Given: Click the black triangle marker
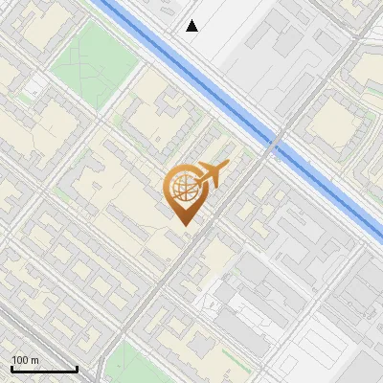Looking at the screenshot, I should [x=192, y=26].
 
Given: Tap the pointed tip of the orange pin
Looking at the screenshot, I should [x=183, y=225].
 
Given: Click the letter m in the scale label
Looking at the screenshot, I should [x=35, y=360].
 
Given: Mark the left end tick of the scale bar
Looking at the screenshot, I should [x=11, y=369].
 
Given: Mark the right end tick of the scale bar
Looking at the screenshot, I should [x=78, y=369].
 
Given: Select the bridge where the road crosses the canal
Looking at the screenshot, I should [x=276, y=142].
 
